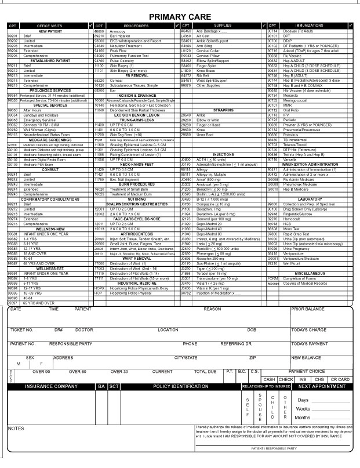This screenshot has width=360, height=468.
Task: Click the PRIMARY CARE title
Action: coord(179,17)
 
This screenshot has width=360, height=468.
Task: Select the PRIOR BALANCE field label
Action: coord(308,309)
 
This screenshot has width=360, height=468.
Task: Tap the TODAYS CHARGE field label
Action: coord(310,329)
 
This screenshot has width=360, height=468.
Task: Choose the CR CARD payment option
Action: coord(340,379)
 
